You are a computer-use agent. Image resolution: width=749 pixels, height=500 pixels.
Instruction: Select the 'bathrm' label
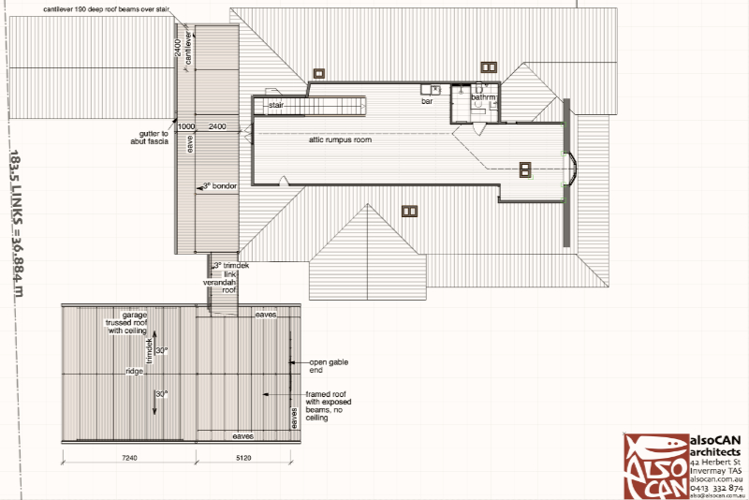[483, 96]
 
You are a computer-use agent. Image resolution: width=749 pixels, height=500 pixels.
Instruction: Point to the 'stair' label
[276, 106]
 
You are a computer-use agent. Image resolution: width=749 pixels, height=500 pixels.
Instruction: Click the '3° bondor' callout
[220, 187]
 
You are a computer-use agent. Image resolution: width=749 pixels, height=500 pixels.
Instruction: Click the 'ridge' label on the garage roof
[135, 372]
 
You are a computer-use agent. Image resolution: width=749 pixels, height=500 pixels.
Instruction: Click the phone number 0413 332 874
[716, 488]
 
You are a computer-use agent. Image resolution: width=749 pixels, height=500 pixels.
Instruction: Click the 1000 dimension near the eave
[185, 125]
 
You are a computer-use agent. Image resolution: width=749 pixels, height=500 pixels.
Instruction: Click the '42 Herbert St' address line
[715, 463]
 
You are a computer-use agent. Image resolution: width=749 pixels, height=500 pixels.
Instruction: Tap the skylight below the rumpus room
[409, 211]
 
